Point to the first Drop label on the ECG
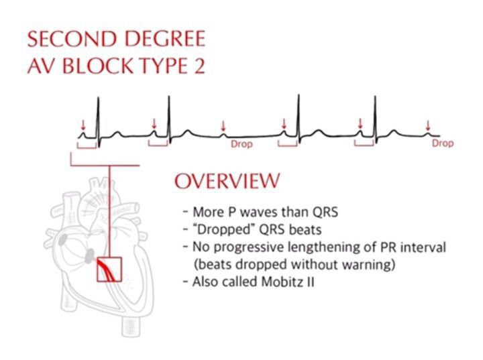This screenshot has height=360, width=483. pos(241,144)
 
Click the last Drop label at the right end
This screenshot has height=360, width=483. pos(442,143)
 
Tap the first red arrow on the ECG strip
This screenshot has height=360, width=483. pos(83,125)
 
